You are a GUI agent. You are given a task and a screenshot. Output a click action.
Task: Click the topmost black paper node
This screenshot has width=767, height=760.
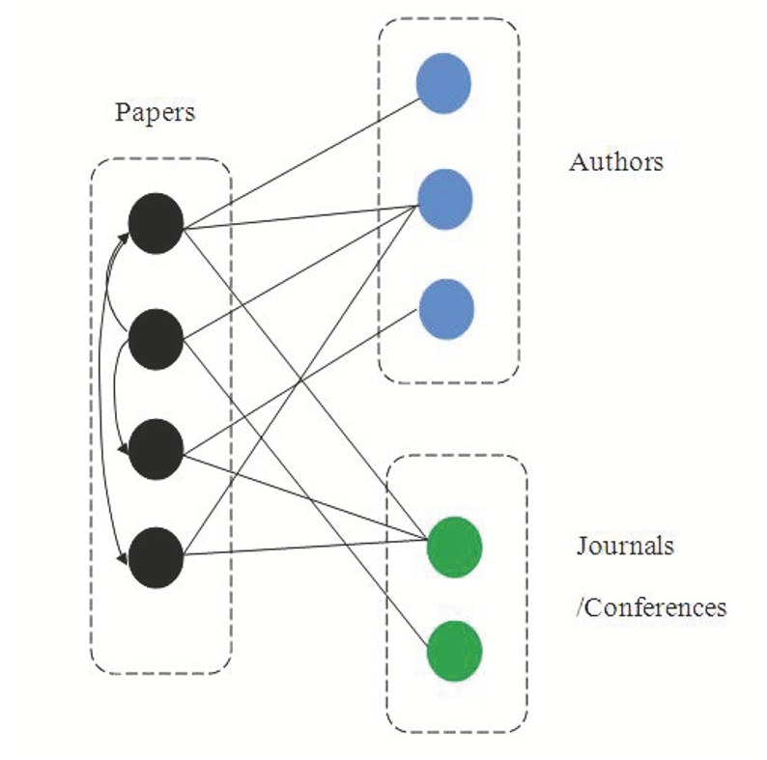[x=156, y=224]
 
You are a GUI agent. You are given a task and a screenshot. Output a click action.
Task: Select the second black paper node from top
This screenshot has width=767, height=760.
[x=156, y=337]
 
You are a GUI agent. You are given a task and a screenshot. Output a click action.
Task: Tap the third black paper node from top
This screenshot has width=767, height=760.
[x=156, y=449]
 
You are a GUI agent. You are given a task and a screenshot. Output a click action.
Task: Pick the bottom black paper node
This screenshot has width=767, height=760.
[x=156, y=557]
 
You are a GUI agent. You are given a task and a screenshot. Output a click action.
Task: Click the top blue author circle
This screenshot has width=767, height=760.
[x=443, y=83]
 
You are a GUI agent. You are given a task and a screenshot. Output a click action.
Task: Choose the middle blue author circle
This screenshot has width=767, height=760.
[x=444, y=198]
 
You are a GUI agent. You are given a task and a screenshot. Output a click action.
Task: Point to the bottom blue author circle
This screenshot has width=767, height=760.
[x=446, y=308]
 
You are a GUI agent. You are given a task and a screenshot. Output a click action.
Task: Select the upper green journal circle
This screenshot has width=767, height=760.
[x=454, y=547]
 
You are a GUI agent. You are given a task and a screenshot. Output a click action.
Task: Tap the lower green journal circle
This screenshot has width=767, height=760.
[x=454, y=650]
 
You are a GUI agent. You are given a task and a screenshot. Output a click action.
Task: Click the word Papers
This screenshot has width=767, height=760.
[x=155, y=112]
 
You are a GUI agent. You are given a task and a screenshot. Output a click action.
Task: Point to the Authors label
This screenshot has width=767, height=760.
[x=615, y=161]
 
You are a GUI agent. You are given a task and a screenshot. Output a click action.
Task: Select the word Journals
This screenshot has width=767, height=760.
[x=624, y=546]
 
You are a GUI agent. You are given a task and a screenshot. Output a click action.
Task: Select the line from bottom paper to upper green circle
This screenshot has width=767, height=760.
[x=309, y=550]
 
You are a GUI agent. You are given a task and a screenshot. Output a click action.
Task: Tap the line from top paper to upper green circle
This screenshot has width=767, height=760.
[x=309, y=386]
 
